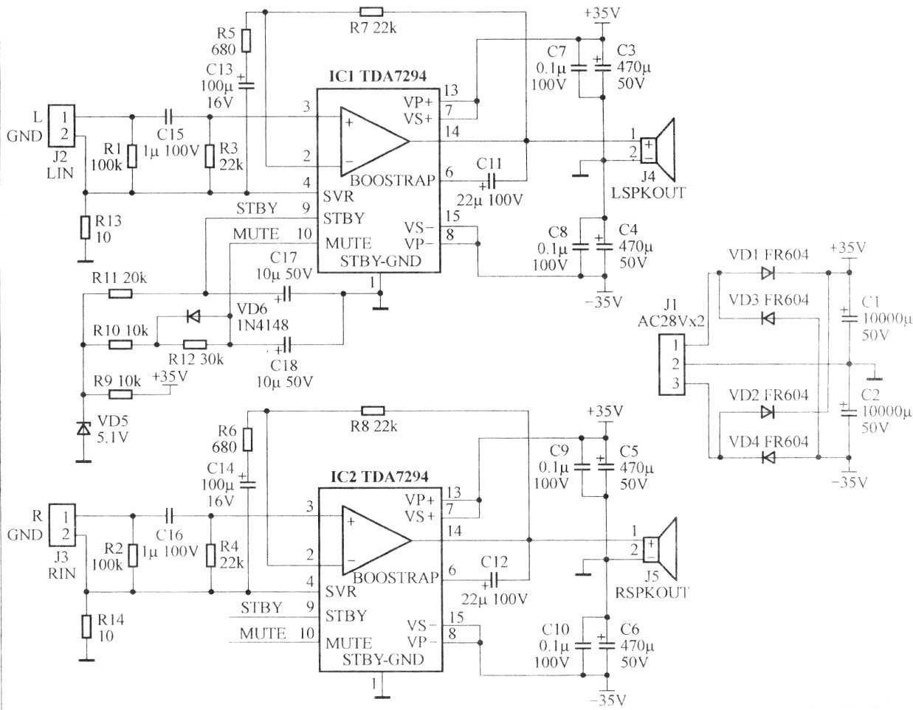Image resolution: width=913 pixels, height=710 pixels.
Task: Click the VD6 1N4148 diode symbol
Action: coord(193,318)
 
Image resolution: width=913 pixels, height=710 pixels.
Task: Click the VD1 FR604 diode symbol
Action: coord(767,273)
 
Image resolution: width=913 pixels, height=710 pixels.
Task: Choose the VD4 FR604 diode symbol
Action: coord(768,458)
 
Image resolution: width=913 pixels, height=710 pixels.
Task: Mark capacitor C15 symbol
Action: coord(170,116)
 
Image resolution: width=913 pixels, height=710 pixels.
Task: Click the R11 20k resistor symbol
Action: coord(120,294)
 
